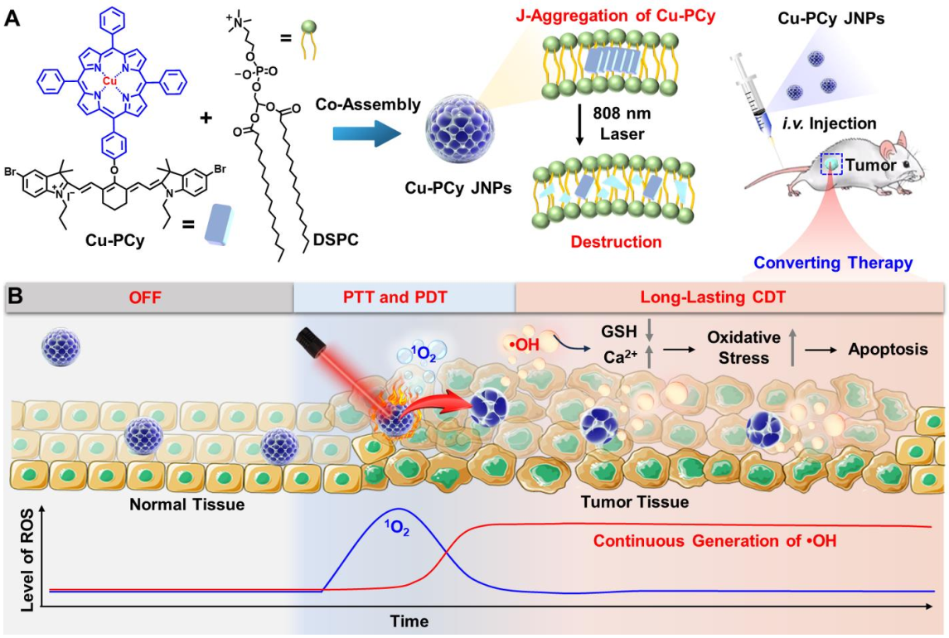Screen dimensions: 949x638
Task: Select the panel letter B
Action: point(15,296)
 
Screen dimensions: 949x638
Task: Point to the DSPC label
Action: point(336,239)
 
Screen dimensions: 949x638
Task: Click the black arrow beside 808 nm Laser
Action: point(579,124)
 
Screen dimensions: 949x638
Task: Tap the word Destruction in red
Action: point(616,242)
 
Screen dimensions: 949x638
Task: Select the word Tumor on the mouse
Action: point(871,165)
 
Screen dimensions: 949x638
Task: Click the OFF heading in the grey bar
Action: point(145,297)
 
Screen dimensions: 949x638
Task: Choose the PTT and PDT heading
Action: point(395,297)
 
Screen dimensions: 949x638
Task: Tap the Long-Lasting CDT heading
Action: point(713,297)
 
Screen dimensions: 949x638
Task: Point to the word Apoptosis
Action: point(888,350)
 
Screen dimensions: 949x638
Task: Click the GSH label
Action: point(619,331)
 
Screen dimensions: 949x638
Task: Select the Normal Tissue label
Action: point(187,505)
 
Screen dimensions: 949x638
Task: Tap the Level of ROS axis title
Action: point(27,559)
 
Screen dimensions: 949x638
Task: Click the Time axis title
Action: point(409,621)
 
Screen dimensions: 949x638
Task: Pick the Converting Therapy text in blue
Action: point(833,263)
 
